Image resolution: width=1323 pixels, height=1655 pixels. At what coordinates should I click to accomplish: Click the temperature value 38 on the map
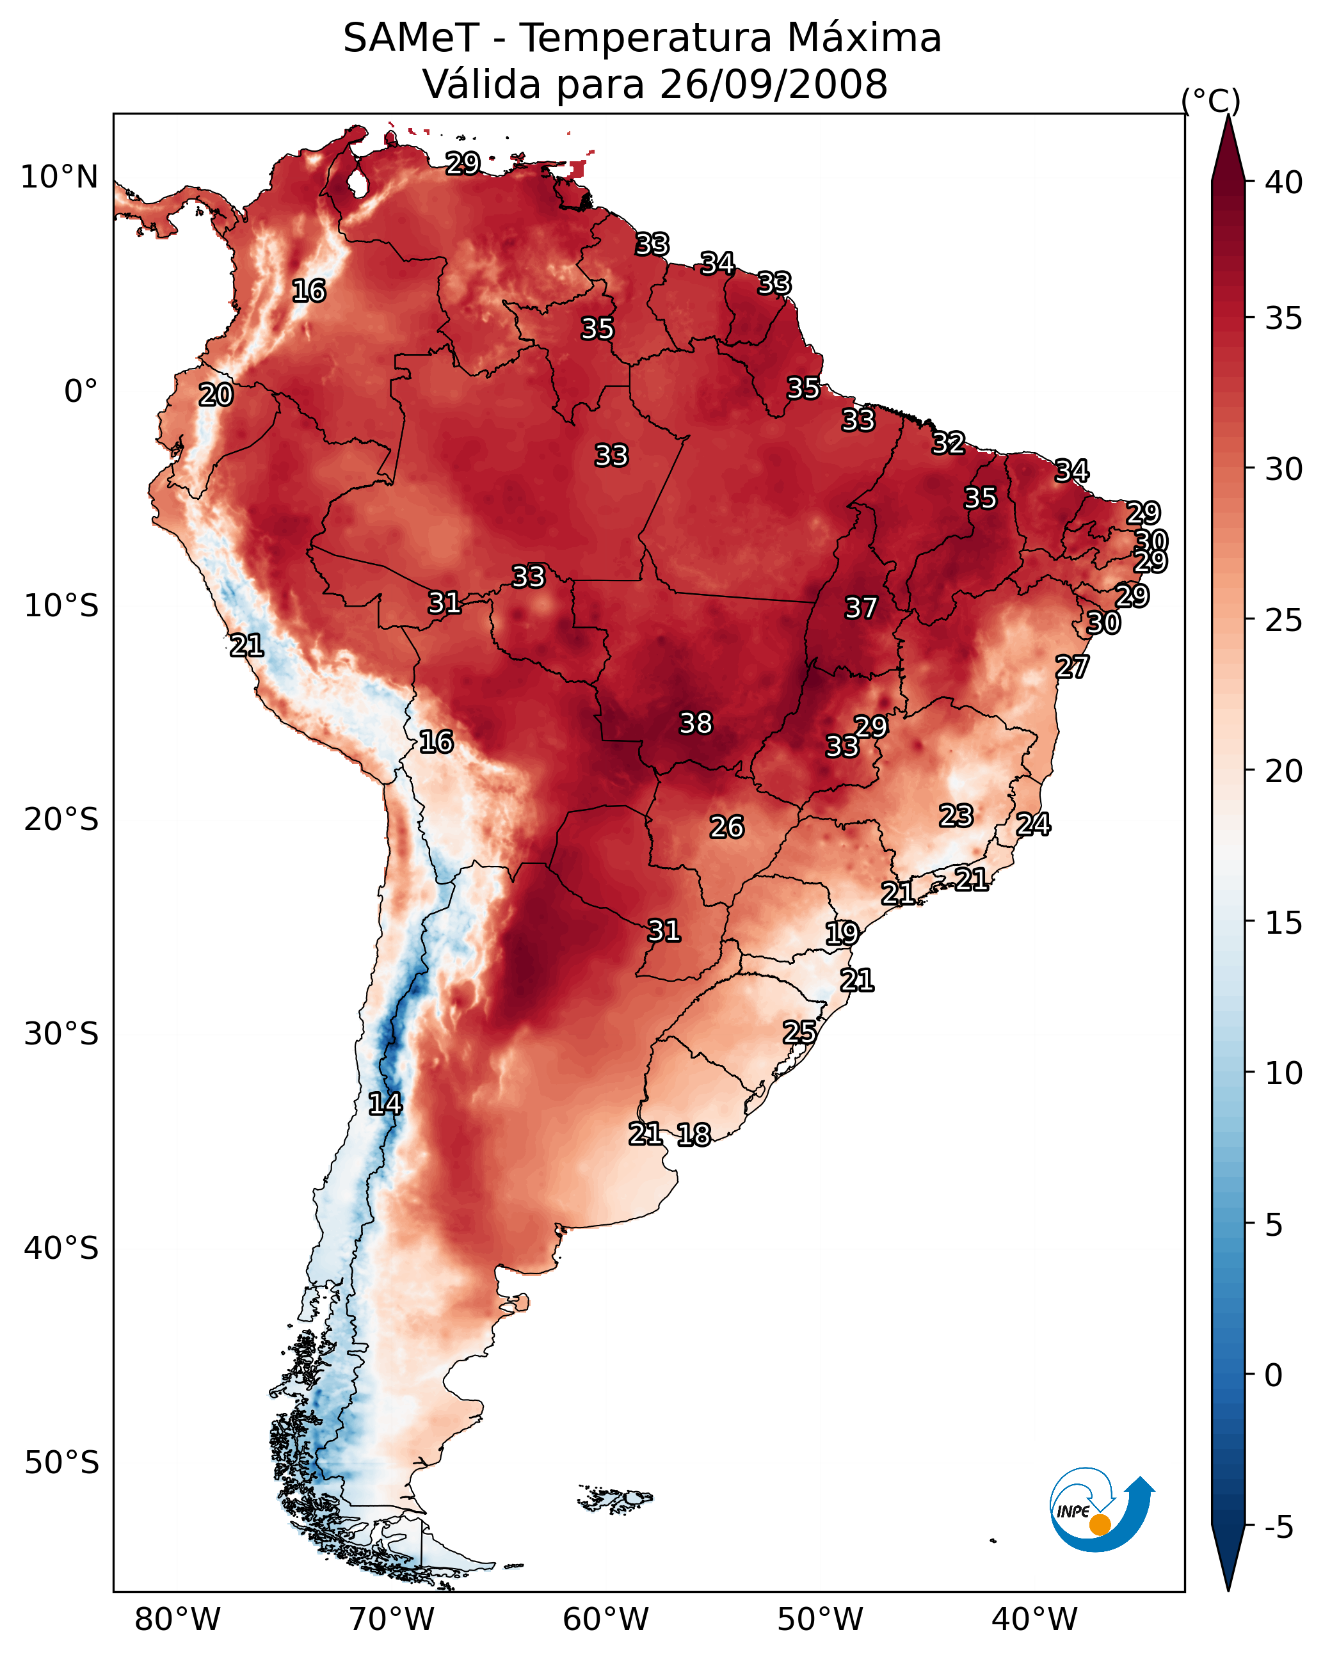click(x=696, y=723)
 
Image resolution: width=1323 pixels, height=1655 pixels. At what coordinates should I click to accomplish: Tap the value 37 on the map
click(x=861, y=608)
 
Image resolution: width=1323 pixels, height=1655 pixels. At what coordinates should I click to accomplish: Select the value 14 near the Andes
click(x=385, y=1104)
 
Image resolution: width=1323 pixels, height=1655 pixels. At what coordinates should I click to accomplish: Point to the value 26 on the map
click(x=726, y=827)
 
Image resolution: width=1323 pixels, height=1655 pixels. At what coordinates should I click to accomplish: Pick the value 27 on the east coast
click(x=1072, y=667)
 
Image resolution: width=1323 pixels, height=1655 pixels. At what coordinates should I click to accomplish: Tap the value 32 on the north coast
click(x=949, y=443)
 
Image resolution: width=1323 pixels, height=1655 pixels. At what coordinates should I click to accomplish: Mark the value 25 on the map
click(x=799, y=1032)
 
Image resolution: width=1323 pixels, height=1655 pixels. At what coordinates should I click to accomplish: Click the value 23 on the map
click(x=956, y=815)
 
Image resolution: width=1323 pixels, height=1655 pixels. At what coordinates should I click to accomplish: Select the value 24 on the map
click(x=1033, y=824)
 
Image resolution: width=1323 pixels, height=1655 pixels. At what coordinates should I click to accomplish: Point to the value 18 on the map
click(x=693, y=1135)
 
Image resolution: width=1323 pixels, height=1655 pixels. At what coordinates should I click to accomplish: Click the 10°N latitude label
click(x=59, y=177)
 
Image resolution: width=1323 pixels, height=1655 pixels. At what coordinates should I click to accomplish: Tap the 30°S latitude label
click(x=61, y=1034)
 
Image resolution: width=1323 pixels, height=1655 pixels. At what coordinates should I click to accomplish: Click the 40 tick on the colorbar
click(x=1284, y=182)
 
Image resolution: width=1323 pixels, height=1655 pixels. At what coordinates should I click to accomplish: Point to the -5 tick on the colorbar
click(x=1278, y=1528)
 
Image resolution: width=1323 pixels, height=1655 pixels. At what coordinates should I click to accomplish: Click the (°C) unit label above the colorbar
click(x=1210, y=100)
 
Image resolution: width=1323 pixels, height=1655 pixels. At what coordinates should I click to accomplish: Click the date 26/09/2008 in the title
click(x=773, y=84)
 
